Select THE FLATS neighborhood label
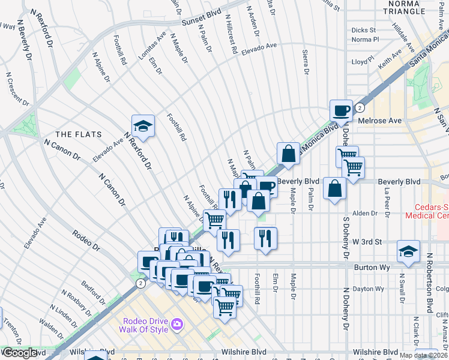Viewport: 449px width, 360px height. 79,134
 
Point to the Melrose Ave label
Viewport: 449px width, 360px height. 379,121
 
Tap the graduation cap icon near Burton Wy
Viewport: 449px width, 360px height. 408,251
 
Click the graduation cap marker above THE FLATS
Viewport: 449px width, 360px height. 143,126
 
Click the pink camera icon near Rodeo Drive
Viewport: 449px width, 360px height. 176,325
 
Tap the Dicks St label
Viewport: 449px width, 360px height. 363,29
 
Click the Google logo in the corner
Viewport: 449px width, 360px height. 19,353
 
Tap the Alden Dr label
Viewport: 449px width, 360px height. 364,213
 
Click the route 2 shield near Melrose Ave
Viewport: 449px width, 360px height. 360,108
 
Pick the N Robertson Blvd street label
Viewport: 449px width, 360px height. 429,283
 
